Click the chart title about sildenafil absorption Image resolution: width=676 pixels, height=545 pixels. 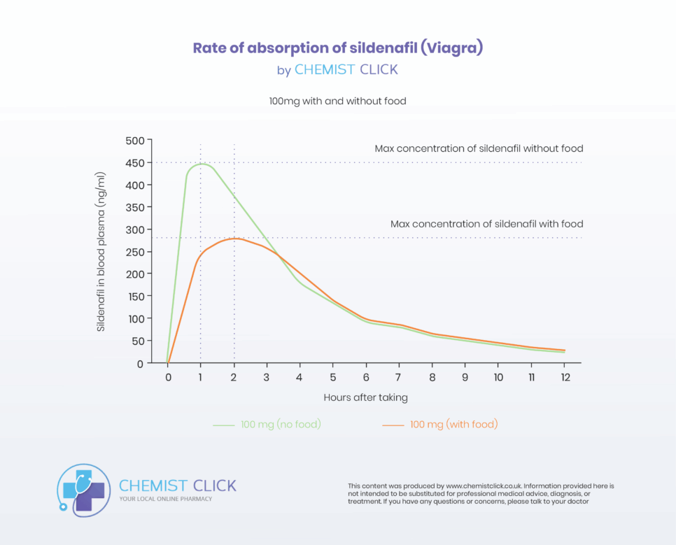338,48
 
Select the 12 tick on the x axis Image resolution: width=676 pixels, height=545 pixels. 564,377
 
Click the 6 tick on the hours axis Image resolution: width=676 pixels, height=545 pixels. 366,377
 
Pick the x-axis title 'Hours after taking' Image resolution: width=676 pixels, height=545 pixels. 365,397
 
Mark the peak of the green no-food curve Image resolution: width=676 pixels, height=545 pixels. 202,164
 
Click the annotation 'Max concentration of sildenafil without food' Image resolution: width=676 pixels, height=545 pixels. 479,149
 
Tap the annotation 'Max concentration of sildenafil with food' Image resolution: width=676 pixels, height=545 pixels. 486,225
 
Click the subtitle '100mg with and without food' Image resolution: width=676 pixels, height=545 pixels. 337,101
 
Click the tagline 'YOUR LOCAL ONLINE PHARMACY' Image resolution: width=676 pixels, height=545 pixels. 166,499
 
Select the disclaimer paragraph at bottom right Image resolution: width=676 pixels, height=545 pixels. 481,493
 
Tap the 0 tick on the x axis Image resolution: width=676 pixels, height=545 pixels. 168,377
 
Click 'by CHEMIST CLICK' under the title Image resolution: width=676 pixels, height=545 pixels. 337,70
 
